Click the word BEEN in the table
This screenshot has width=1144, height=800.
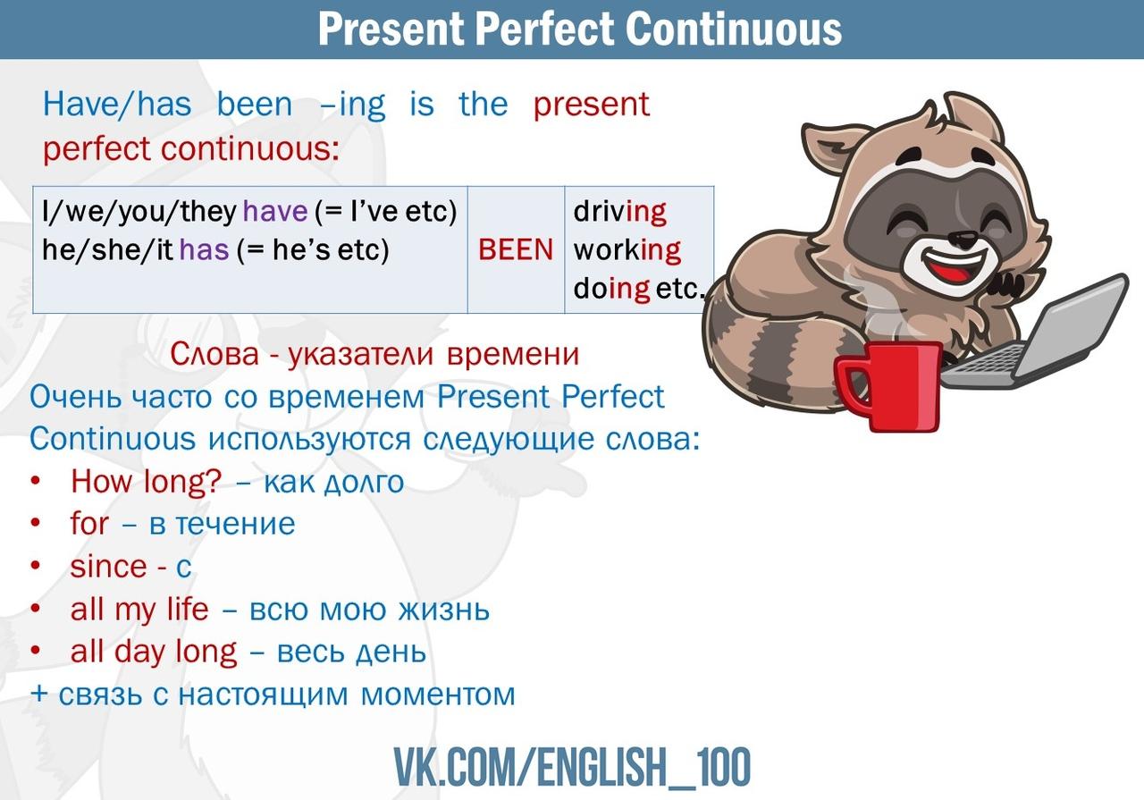[x=516, y=249]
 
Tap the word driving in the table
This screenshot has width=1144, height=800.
[x=620, y=212]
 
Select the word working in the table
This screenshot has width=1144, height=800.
[x=627, y=250]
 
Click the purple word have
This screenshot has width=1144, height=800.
[x=275, y=211]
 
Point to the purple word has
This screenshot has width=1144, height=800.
[x=204, y=249]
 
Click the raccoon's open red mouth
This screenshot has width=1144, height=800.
[x=949, y=265]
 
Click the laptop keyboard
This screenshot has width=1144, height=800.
[x=978, y=363]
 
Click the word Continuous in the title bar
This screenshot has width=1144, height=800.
[x=733, y=29]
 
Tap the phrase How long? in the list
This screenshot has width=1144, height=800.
[x=146, y=481]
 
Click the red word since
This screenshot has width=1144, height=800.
[x=109, y=567]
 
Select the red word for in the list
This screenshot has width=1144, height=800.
[x=89, y=524]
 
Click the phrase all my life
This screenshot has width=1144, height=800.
[x=139, y=610]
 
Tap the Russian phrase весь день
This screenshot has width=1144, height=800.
[x=351, y=652]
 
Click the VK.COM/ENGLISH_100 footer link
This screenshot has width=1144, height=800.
[x=572, y=767]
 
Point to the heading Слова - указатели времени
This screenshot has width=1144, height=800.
[x=374, y=354]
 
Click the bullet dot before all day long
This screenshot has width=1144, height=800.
[x=35, y=651]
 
